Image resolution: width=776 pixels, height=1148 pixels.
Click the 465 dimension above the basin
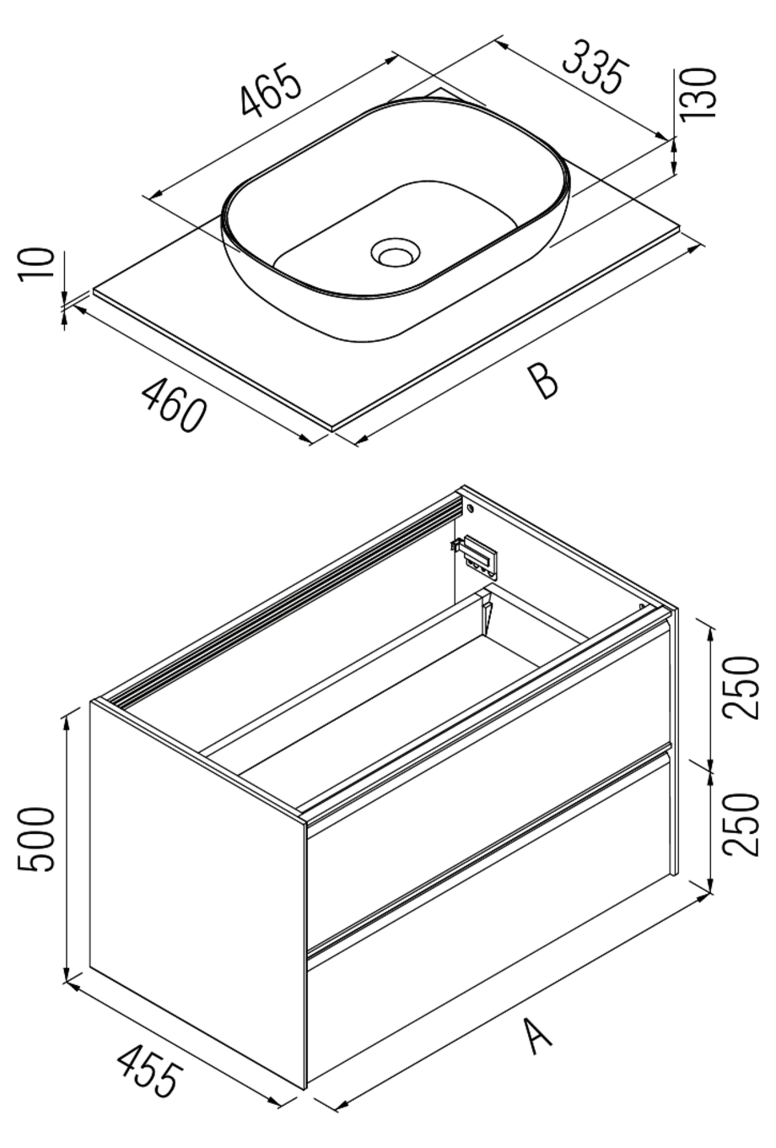271,89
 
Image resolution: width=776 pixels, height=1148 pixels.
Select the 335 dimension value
595,66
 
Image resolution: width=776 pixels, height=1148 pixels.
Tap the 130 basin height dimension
699,94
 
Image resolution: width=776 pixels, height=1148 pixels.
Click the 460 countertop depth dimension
174,405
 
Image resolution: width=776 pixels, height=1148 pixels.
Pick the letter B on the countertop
543,381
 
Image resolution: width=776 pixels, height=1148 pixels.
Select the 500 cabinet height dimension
38,840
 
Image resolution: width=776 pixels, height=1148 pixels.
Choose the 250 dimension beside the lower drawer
743,824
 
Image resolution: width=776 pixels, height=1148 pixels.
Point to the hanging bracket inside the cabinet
478,555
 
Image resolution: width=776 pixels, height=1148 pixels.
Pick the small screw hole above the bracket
470,509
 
